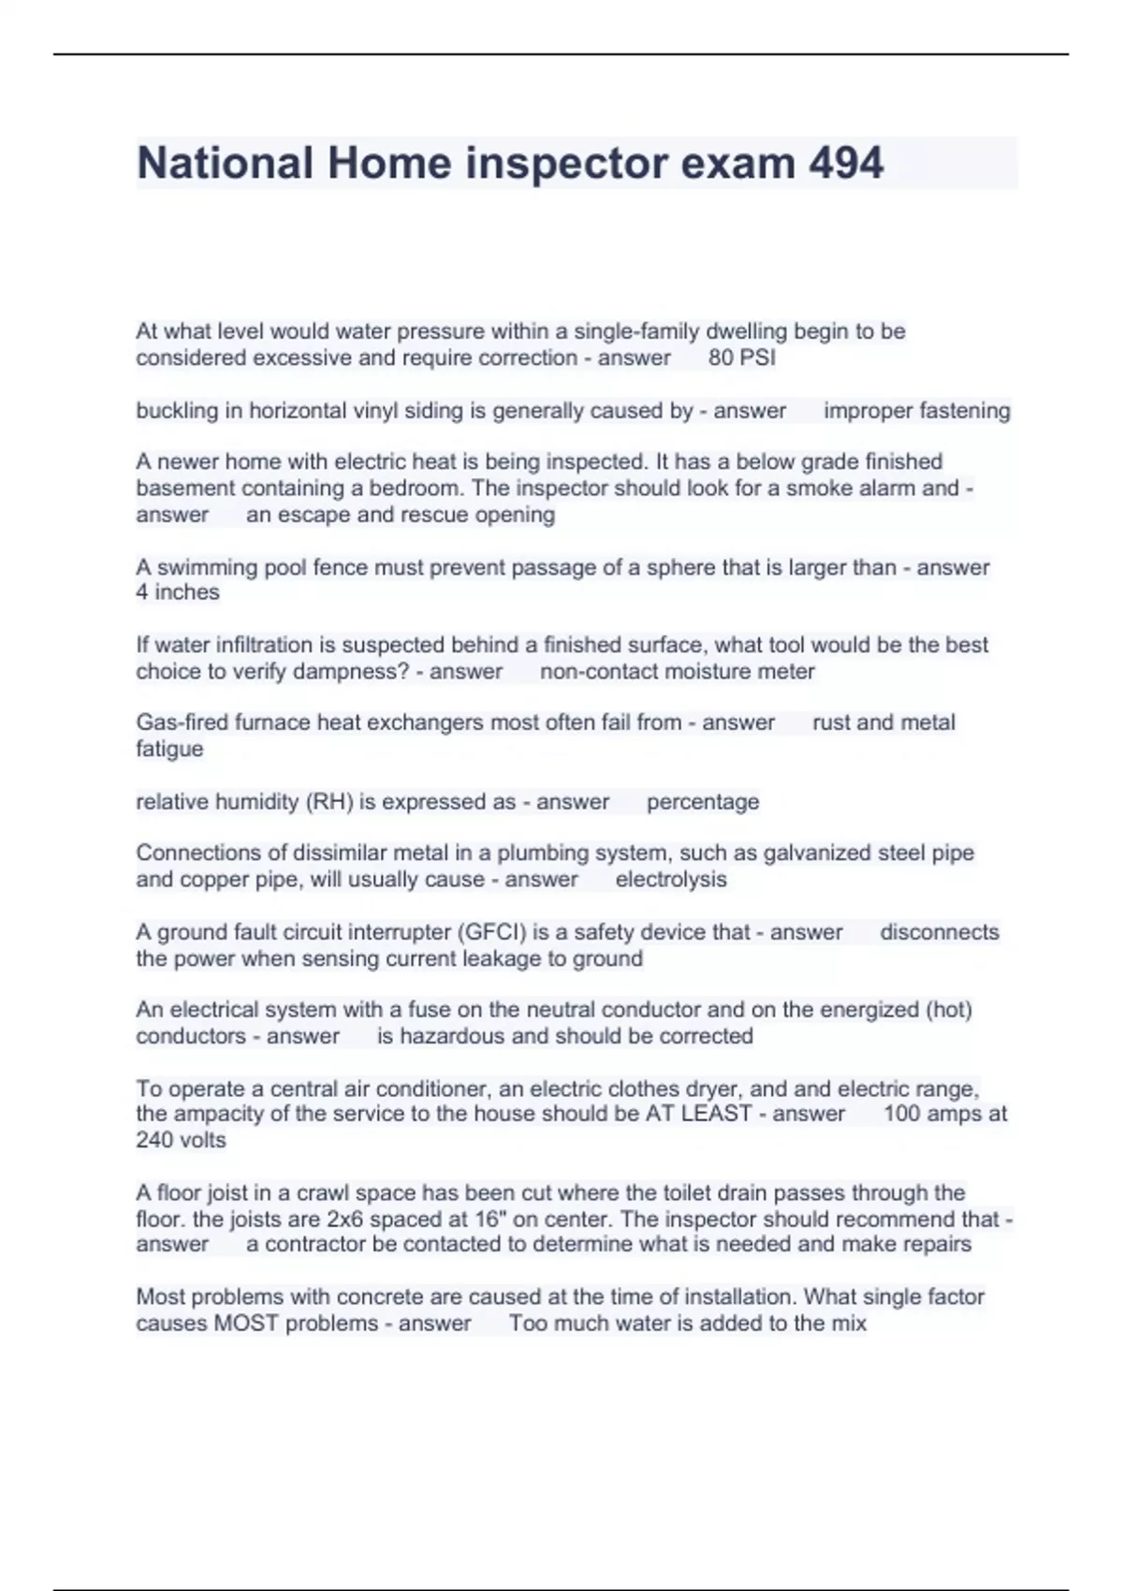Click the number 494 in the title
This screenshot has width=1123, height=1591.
846,163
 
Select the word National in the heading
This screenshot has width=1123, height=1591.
225,163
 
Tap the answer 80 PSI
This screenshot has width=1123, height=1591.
742,358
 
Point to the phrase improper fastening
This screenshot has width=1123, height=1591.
916,411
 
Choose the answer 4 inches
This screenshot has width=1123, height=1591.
178,592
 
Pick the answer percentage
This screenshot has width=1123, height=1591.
703,802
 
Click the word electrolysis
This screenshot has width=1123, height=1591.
671,880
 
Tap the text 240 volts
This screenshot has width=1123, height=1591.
181,1140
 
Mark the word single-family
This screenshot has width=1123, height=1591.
635,331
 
